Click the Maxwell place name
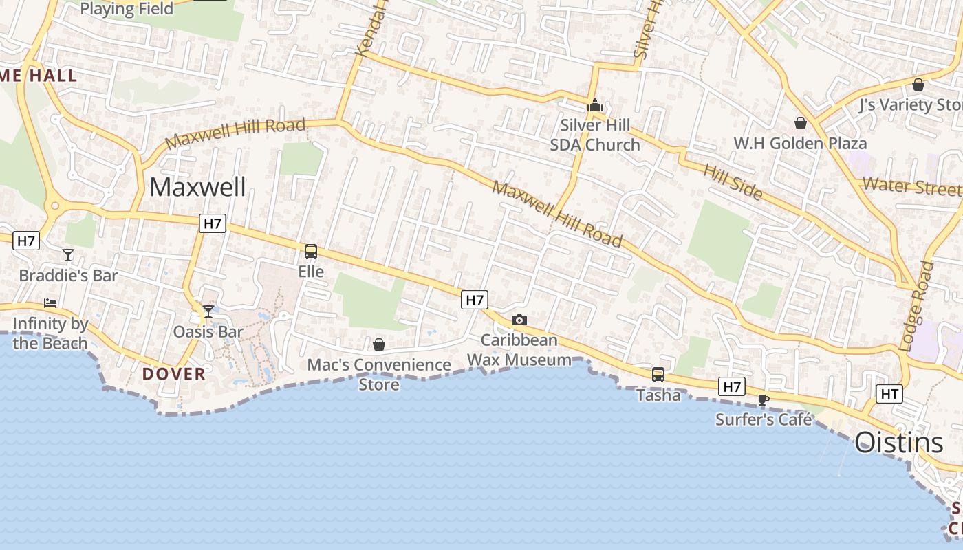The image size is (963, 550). [197, 187]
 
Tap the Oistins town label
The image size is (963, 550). [898, 443]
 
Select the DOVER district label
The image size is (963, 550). [174, 374]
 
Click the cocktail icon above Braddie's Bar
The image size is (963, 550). [68, 255]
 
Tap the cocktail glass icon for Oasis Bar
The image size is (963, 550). [208, 311]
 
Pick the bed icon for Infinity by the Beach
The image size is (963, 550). [50, 302]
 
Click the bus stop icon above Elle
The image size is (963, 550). [311, 252]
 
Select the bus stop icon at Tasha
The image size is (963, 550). [658, 375]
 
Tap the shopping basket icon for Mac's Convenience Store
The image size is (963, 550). [379, 344]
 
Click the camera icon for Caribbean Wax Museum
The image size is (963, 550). [519, 320]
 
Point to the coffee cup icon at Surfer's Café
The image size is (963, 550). [764, 399]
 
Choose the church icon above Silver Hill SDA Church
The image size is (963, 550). [595, 106]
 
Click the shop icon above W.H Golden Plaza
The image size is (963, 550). [801, 123]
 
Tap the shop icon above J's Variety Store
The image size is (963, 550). [918, 85]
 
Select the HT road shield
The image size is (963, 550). [889, 394]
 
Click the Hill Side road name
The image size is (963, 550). [733, 181]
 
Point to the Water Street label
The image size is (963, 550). [911, 186]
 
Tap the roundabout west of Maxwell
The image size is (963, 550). [54, 206]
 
